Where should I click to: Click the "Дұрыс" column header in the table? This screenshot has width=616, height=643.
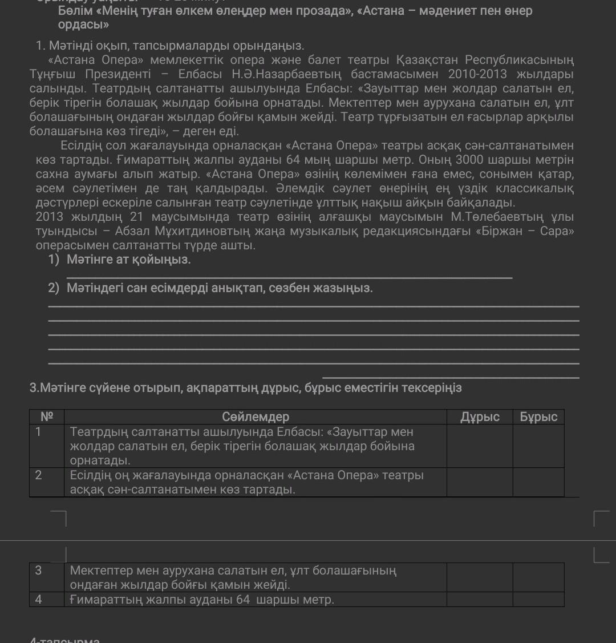pyautogui.click(x=480, y=417)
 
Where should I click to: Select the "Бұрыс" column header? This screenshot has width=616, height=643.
pyautogui.click(x=538, y=417)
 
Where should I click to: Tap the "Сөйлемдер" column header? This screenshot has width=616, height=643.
pyautogui.click(x=256, y=417)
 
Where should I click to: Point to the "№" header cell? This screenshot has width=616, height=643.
pyautogui.click(x=46, y=416)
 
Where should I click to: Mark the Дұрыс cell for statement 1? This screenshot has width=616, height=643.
pyautogui.click(x=480, y=446)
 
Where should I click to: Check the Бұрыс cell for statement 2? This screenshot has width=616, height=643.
pyautogui.click(x=538, y=482)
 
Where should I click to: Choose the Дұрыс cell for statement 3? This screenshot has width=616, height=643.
pyautogui.click(x=480, y=577)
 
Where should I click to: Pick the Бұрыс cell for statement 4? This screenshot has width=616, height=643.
pyautogui.click(x=538, y=599)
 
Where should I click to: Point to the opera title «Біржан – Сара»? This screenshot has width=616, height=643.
pyautogui.click(x=532, y=231)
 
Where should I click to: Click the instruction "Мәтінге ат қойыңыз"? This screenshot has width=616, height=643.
pyautogui.click(x=128, y=260)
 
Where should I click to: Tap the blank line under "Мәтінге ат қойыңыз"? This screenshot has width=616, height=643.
pyautogui.click(x=289, y=278)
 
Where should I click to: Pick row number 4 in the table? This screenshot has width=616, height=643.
pyautogui.click(x=38, y=599)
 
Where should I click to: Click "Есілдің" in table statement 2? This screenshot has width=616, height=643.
pyautogui.click(x=89, y=475)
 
